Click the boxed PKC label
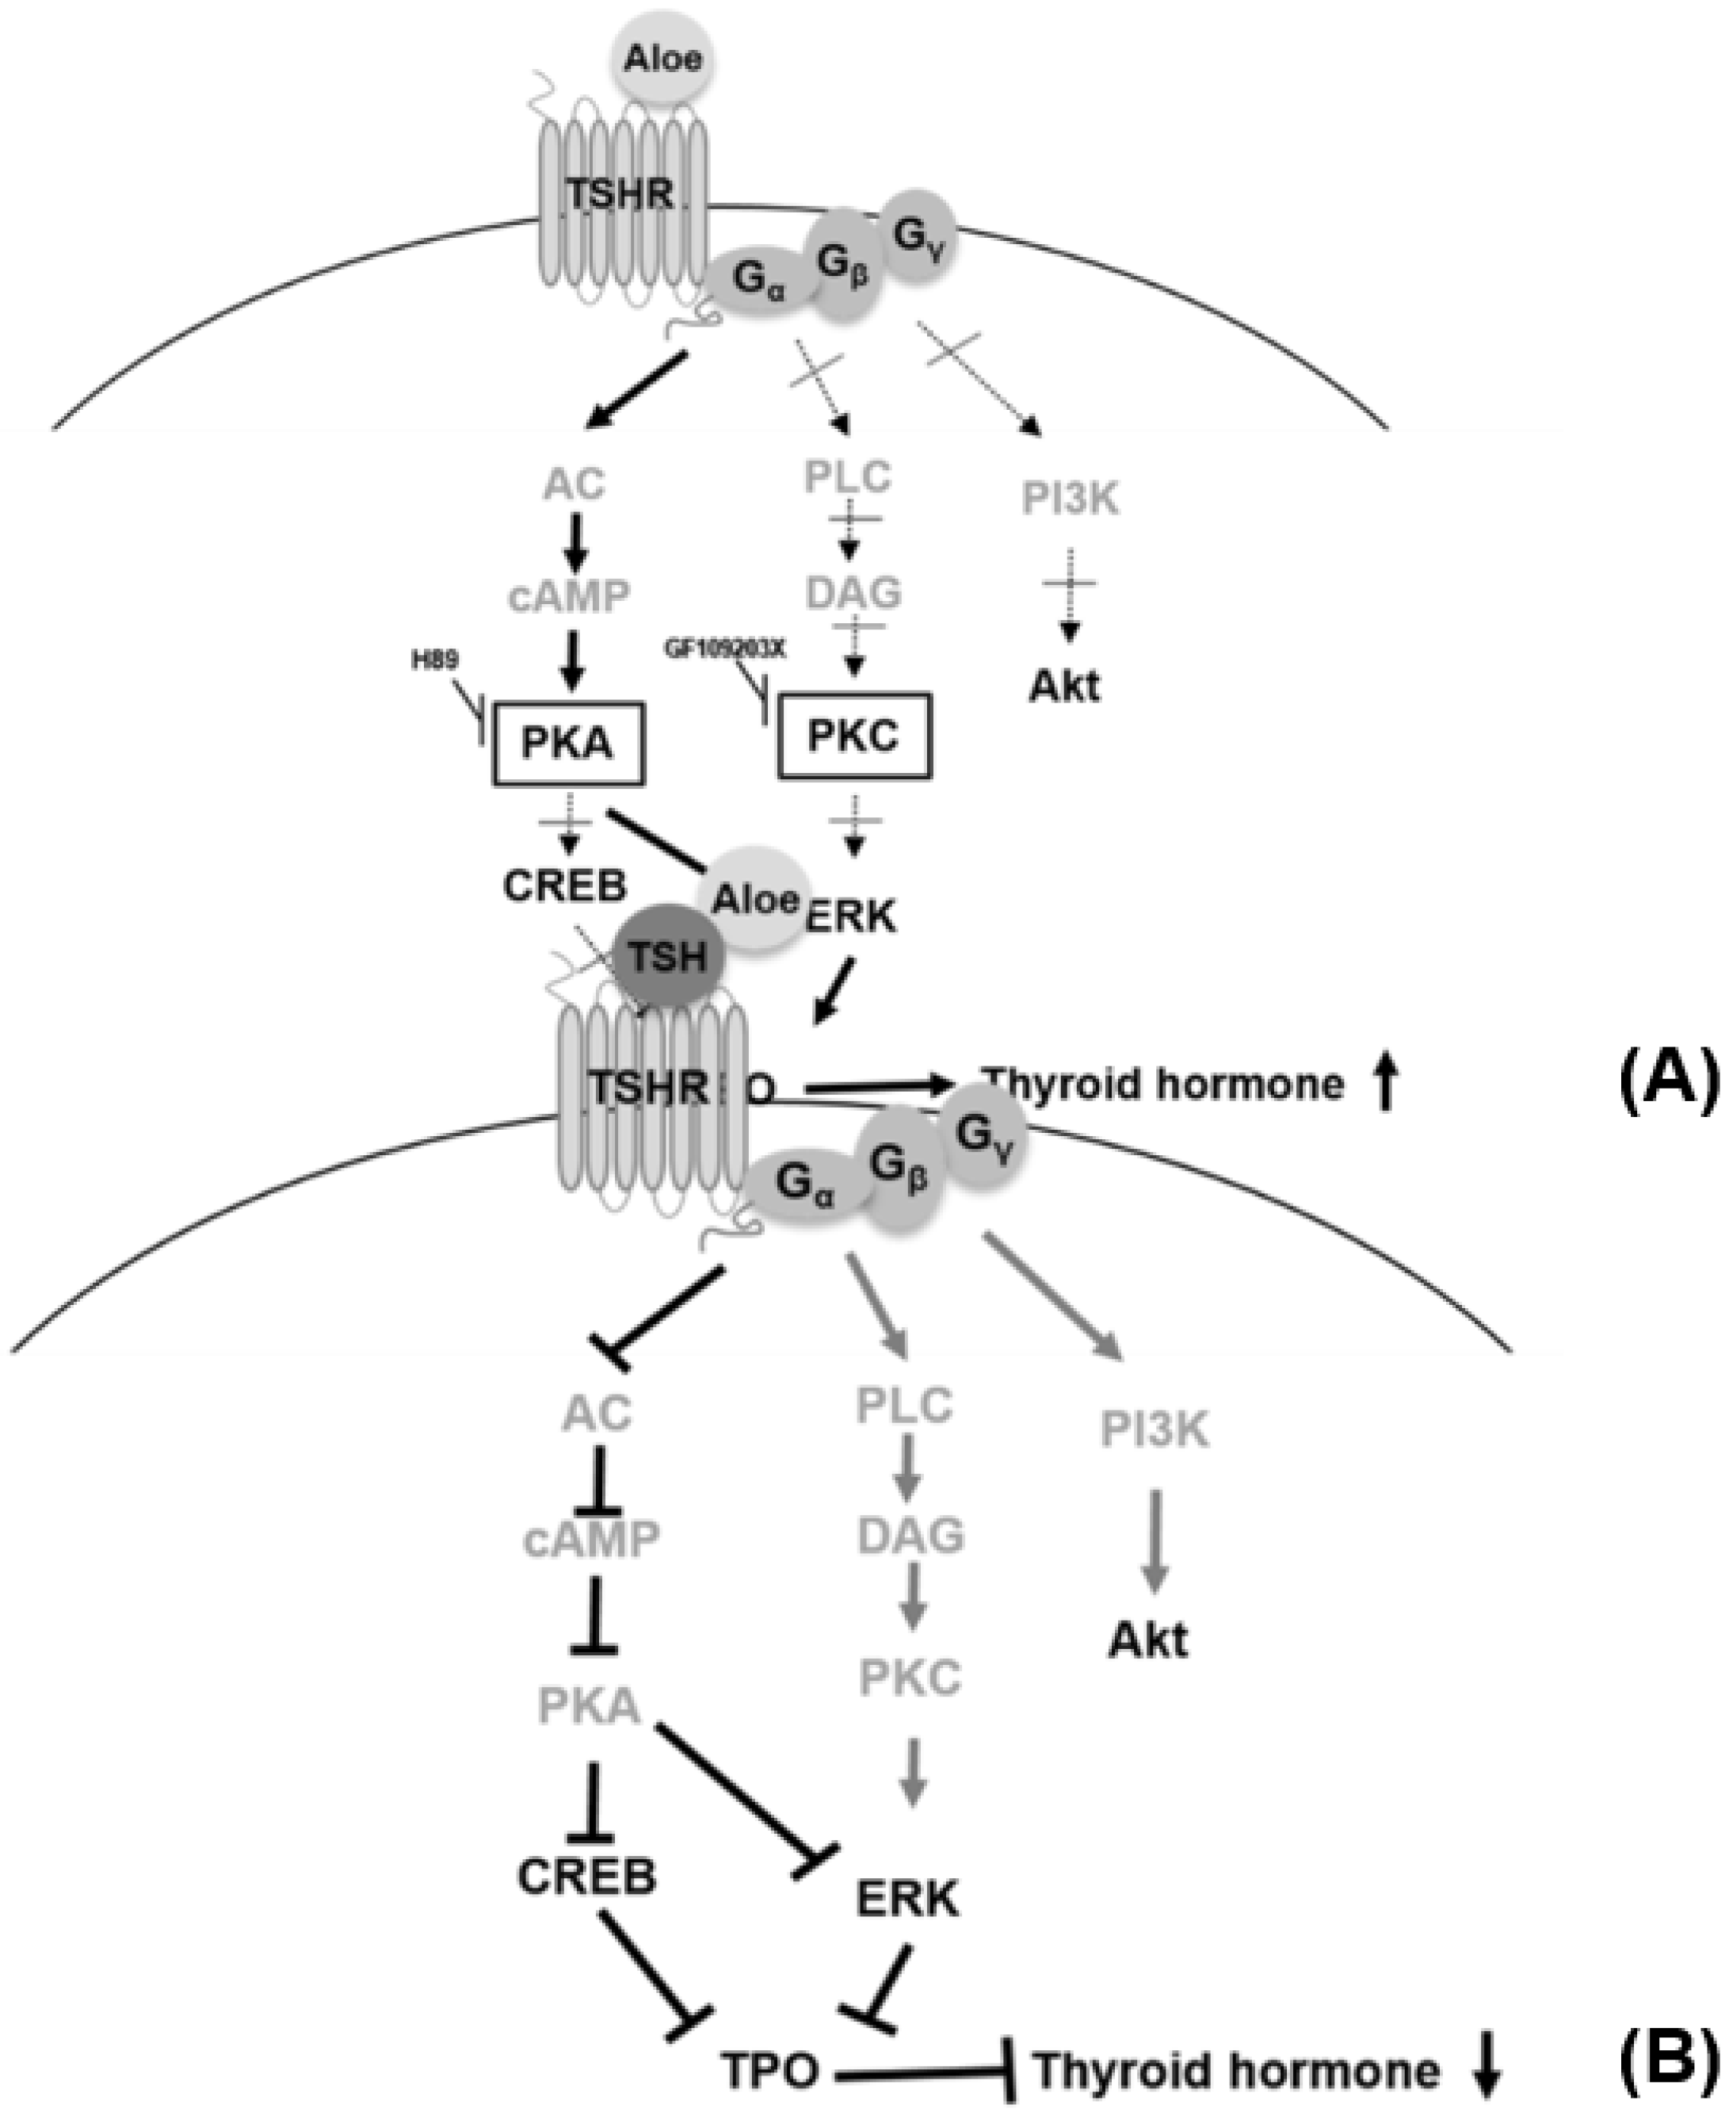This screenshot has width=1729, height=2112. [853, 737]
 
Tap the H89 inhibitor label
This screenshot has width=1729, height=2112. [435, 660]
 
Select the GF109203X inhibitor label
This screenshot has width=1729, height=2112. [725, 649]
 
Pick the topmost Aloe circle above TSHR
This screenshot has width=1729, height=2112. [662, 59]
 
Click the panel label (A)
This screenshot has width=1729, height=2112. [1666, 1081]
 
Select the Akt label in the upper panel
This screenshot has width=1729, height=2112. [1065, 687]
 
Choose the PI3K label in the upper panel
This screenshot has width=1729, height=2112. [1071, 499]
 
